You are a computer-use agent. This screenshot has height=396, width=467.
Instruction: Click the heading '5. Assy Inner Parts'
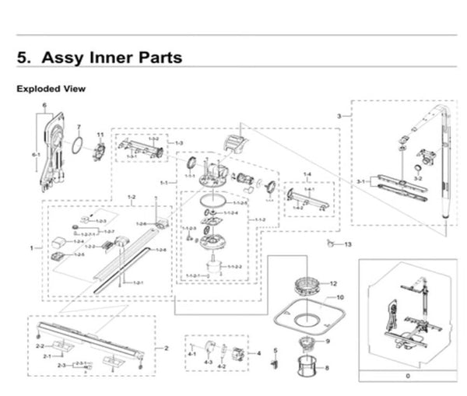100,58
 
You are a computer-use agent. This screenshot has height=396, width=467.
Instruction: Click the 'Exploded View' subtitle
51,89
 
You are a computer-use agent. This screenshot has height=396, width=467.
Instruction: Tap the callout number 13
348,245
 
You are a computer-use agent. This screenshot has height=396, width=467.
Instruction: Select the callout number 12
332,284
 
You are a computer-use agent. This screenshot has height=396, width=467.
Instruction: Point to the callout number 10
339,297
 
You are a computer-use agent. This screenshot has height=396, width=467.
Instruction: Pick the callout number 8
327,368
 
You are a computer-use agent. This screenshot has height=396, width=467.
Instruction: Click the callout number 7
78,127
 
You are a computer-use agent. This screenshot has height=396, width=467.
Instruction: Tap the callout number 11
100,135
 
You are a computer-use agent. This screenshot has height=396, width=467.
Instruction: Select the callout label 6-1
35,155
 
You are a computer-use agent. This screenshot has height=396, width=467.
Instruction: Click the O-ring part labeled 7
77,145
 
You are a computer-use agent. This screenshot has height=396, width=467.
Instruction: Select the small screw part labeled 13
332,244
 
